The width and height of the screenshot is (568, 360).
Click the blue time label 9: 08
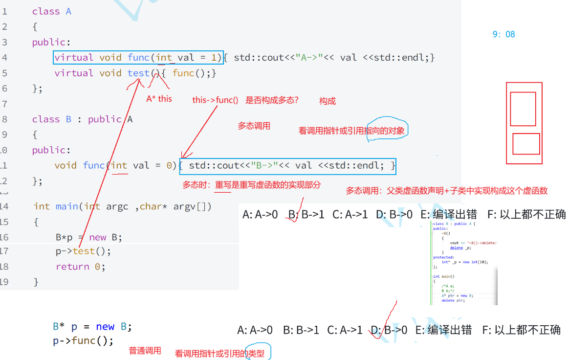point(503,34)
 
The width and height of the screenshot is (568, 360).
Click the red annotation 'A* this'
point(159,98)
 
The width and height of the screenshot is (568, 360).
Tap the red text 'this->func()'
point(215,100)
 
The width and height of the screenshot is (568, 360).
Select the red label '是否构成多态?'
point(272,100)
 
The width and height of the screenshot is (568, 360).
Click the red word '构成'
point(328,101)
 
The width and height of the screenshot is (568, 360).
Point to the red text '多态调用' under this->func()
point(254,126)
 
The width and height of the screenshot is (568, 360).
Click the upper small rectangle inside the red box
point(523,109)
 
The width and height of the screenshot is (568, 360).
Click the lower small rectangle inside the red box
point(526,144)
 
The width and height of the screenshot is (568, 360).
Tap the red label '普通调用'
point(145,351)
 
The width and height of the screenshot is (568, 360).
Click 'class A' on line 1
point(52,11)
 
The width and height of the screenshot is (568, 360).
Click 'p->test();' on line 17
point(83,251)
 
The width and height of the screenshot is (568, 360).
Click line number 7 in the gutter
point(4,104)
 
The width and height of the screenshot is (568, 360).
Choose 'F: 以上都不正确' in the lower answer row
point(521,330)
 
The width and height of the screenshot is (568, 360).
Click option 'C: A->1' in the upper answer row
point(350,214)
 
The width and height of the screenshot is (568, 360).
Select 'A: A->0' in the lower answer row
point(255,330)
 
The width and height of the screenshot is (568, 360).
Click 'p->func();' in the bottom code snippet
point(83,340)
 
